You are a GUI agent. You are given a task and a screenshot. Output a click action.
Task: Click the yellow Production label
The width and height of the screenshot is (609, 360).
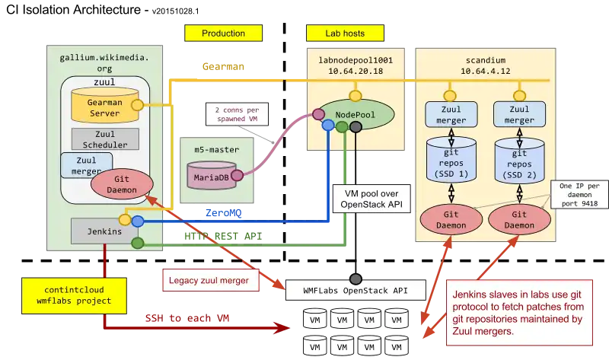pos(223,33)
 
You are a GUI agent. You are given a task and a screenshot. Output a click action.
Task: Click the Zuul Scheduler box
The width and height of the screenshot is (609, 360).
pos(105,139)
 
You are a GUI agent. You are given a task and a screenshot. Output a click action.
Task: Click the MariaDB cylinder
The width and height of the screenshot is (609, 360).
pos(210,175)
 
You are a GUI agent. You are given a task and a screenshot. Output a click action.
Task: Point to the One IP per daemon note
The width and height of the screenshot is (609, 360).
pos(577,193)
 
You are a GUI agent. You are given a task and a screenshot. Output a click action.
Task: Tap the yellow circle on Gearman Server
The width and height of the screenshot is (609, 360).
pos(138,105)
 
